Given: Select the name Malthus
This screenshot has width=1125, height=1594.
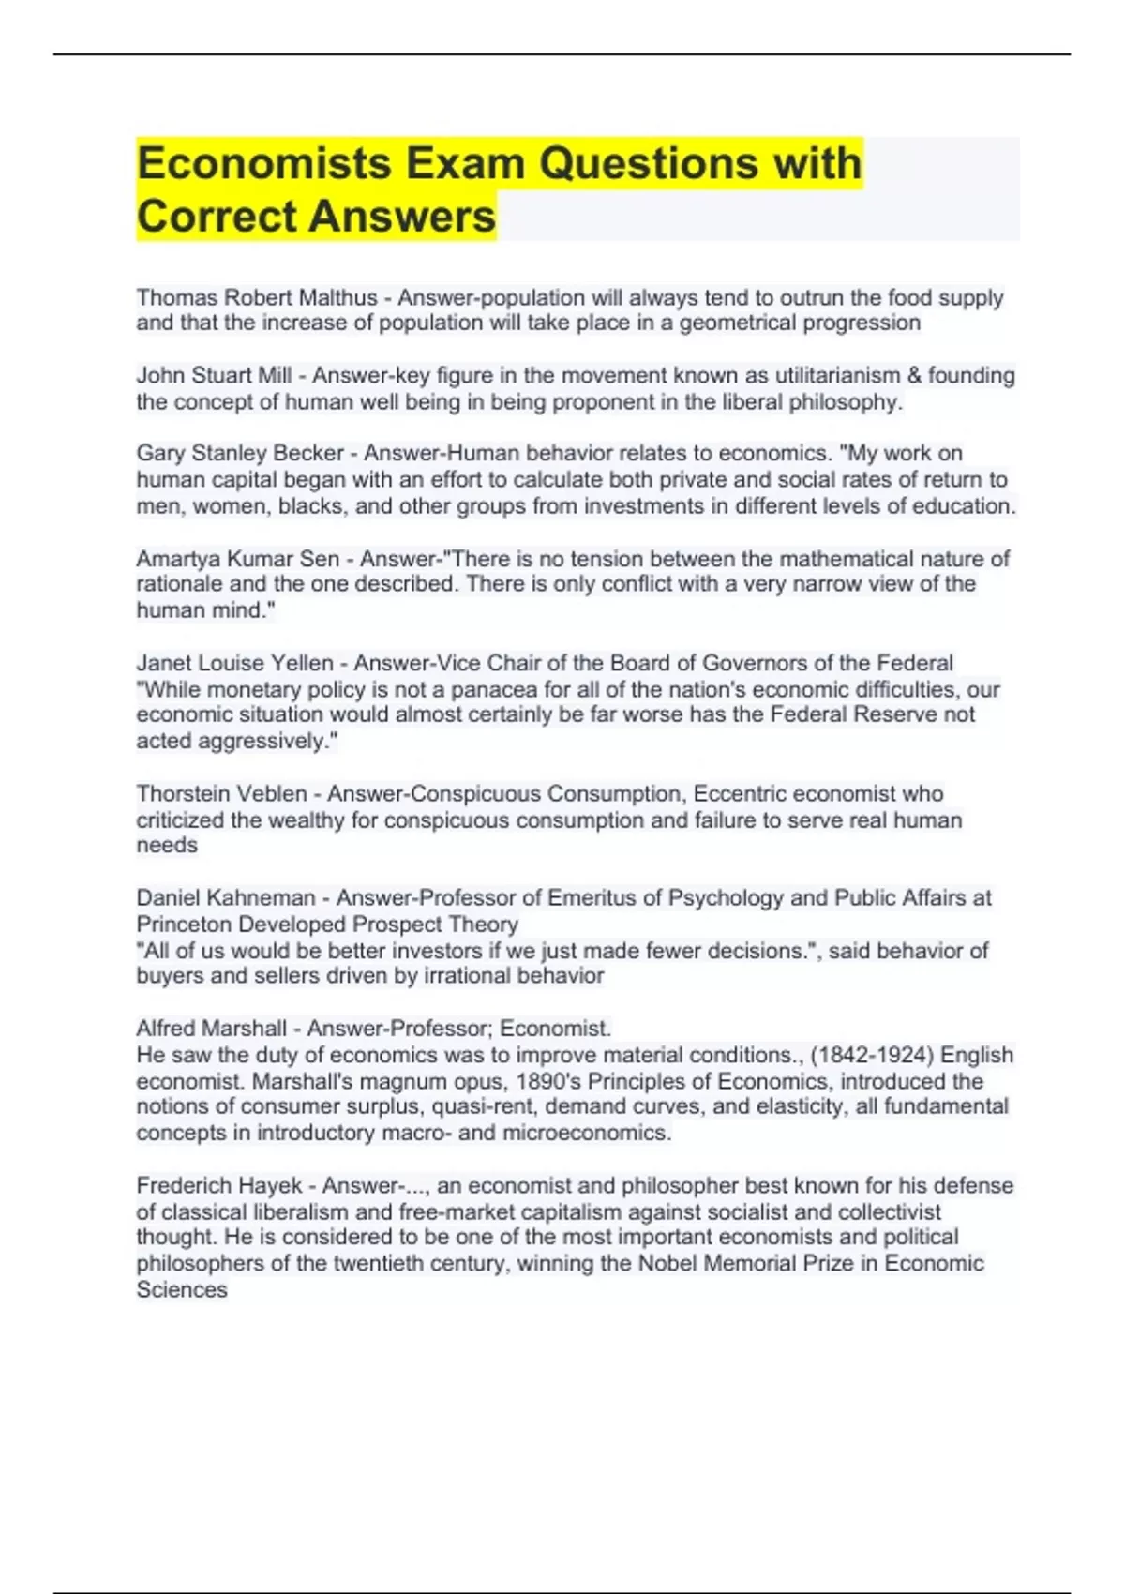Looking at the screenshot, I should [337, 298].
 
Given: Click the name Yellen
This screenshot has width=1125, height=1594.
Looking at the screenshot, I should [301, 664].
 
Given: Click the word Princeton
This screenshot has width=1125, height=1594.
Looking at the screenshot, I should [184, 925].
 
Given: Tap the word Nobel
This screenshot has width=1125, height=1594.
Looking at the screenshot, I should [667, 1264].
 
